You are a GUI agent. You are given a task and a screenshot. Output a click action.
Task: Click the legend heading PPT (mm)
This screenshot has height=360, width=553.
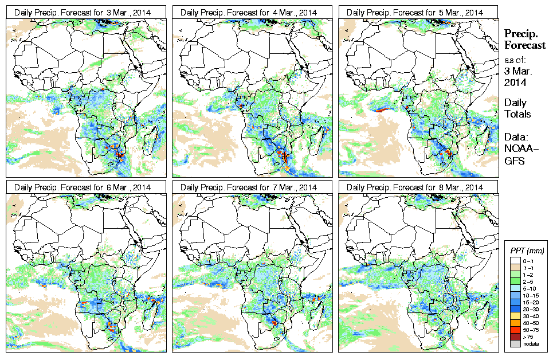pyautogui.click(x=527, y=251)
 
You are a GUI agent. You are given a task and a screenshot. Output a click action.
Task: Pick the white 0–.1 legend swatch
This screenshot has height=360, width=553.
pyautogui.click(x=514, y=261)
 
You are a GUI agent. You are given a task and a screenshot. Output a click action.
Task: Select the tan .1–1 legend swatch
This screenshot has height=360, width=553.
pyautogui.click(x=514, y=268)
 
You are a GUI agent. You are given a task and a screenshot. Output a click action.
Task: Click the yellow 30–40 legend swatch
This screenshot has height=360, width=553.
pyautogui.click(x=514, y=316)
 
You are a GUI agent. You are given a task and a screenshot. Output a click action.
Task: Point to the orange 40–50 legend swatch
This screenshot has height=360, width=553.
pyautogui.click(x=514, y=323)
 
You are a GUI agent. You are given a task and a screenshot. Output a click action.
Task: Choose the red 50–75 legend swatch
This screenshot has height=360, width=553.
pyautogui.click(x=514, y=330)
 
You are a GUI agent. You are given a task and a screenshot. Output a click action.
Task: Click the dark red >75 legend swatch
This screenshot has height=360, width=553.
pyautogui.click(x=514, y=336)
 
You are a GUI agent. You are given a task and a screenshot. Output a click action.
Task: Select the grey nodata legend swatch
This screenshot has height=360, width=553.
pyautogui.click(x=514, y=343)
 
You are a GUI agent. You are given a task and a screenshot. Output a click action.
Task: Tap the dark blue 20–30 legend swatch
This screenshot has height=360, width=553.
pyautogui.click(x=514, y=309)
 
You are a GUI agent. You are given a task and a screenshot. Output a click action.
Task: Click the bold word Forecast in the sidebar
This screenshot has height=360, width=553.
pyautogui.click(x=525, y=45)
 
